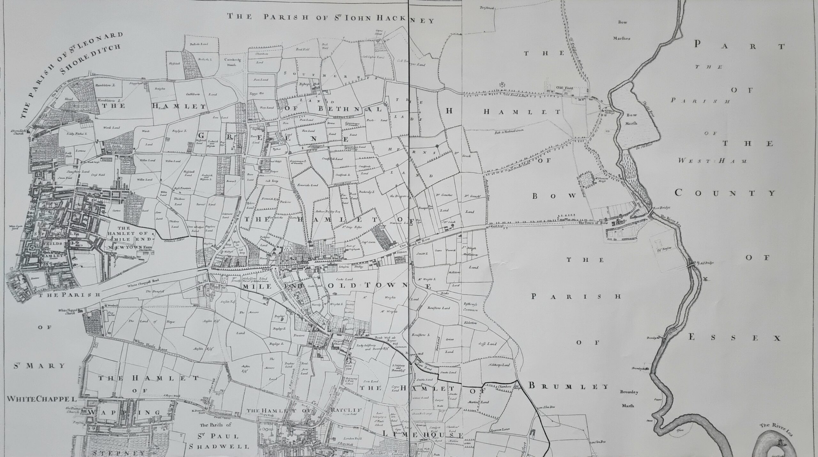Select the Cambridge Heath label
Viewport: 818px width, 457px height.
[232, 62]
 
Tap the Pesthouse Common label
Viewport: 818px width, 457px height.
[470, 308]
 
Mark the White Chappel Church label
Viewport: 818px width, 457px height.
[66, 311]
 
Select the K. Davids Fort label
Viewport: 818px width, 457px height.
[197, 412]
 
